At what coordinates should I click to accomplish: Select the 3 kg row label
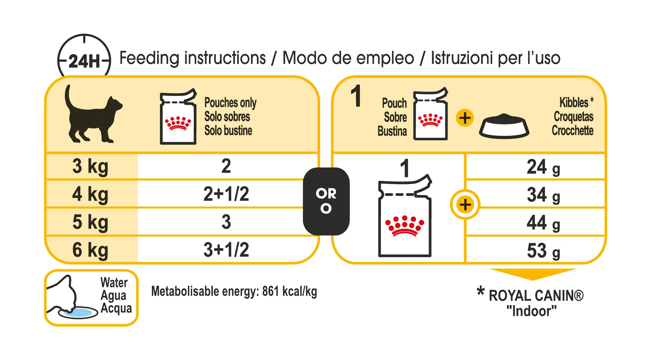pyautogui.click(x=90, y=167)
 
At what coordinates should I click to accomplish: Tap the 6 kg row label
pyautogui.click(x=90, y=250)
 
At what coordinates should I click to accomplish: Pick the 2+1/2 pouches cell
pyautogui.click(x=226, y=194)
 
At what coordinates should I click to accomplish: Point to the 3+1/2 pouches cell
pyautogui.click(x=226, y=250)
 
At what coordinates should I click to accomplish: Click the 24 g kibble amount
pyautogui.click(x=543, y=167)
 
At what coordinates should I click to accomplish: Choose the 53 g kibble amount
pyautogui.click(x=543, y=251)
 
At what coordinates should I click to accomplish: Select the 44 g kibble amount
pyautogui.click(x=543, y=223)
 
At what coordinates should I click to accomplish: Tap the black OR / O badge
pyautogui.click(x=326, y=201)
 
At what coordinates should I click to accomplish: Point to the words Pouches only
pyautogui.click(x=230, y=103)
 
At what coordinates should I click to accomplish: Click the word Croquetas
pyautogui.click(x=573, y=117)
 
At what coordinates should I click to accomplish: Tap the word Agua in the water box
pyautogui.click(x=113, y=296)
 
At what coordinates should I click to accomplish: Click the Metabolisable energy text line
pyautogui.click(x=234, y=292)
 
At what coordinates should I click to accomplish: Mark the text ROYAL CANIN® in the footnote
pyautogui.click(x=536, y=296)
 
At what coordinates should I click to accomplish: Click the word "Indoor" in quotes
pyautogui.click(x=531, y=311)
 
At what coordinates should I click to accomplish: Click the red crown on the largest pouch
pyautogui.click(x=404, y=226)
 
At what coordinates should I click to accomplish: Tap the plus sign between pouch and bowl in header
pyautogui.click(x=465, y=118)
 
